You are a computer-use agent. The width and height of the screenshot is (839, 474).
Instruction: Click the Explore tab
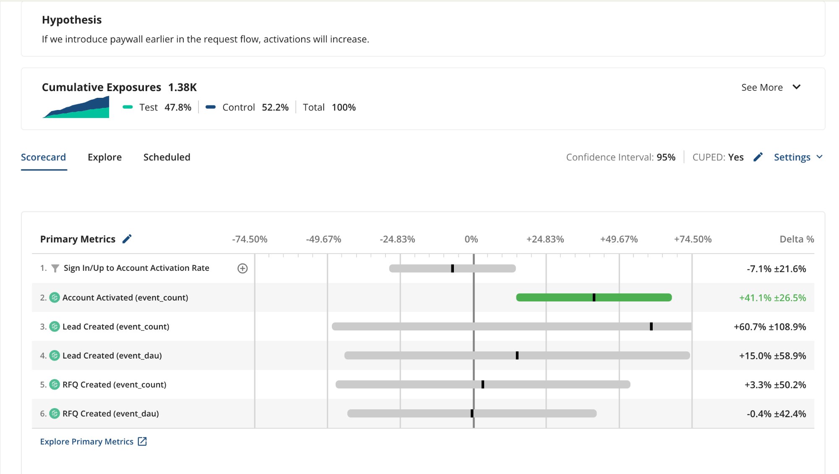104,157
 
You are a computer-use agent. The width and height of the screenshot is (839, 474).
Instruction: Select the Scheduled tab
167,157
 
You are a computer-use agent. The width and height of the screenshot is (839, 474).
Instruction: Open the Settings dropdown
797,157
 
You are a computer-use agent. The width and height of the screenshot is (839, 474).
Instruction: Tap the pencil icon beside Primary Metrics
127,239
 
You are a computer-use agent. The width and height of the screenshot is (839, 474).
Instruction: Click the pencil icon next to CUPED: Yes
758,157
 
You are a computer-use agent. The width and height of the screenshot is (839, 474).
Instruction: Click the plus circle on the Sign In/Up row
242,268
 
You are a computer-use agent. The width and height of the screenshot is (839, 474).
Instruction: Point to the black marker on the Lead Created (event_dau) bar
517,356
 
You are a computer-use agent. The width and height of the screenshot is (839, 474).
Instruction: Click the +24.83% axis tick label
545,239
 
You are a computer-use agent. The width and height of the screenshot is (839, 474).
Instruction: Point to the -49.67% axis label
323,239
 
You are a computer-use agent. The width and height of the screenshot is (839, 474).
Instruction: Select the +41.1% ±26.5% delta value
772,298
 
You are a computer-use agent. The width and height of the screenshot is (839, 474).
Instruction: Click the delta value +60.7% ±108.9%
769,327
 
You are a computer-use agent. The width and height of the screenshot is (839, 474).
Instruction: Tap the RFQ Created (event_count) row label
114,385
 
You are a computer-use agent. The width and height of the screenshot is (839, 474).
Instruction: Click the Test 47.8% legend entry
157,107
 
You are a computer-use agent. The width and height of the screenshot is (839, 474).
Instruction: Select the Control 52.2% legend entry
248,107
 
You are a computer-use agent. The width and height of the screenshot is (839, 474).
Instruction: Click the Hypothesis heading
72,20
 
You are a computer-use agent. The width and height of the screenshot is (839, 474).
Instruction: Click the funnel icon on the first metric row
55,268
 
